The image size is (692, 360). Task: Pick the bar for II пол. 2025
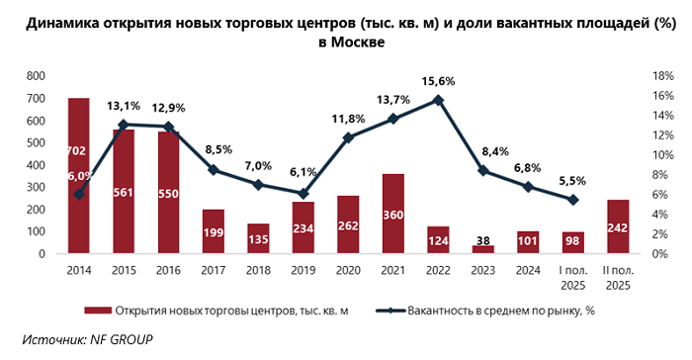(x=617, y=227)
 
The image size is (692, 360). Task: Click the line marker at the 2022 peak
(x=438, y=100)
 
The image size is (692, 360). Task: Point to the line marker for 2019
(x=303, y=194)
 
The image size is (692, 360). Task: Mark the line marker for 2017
(x=213, y=170)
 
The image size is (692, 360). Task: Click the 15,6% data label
(x=438, y=81)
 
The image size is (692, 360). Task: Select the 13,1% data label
(x=124, y=107)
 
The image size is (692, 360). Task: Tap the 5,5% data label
(x=572, y=181)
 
